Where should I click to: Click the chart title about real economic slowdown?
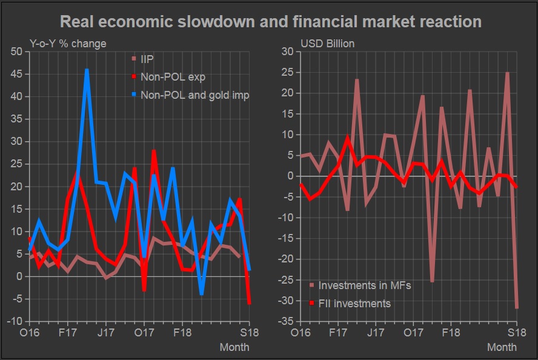click(271, 22)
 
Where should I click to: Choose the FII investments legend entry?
click(354, 303)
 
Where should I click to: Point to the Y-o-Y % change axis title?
click(68, 44)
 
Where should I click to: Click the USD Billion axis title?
click(328, 44)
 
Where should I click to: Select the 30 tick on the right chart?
click(287, 52)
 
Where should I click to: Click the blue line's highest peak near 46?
click(87, 70)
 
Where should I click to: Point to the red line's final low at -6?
click(250, 303)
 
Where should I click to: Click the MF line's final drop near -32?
click(517, 308)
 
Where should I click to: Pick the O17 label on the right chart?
click(413, 333)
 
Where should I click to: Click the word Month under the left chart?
click(234, 347)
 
